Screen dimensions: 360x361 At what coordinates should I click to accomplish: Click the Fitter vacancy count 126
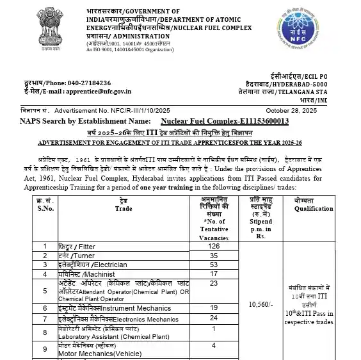tap(214, 246)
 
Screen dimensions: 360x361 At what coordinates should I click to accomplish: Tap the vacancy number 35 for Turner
tap(214, 255)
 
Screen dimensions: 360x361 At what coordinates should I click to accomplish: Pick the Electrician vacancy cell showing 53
tap(214, 265)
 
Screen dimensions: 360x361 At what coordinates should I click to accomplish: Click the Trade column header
tap(124, 208)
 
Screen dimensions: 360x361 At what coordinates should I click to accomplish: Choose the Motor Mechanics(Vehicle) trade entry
tap(93, 352)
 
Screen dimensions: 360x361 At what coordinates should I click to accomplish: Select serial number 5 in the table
tap(44, 290)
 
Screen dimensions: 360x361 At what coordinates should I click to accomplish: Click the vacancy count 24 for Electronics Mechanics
tap(214, 318)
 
